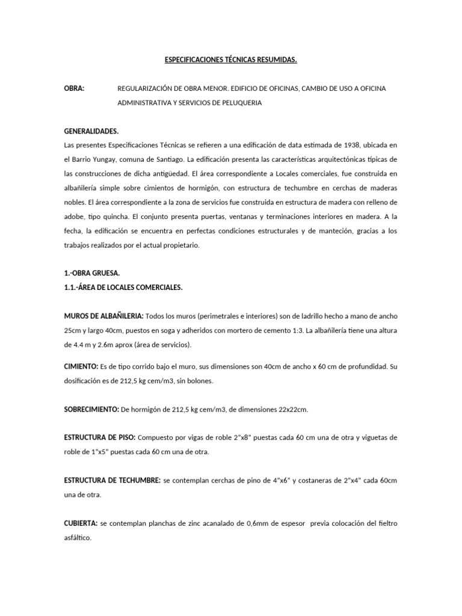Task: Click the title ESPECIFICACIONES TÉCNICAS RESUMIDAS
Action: pyautogui.click(x=231, y=60)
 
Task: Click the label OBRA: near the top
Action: pyautogui.click(x=74, y=88)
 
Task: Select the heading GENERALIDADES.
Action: pyautogui.click(x=91, y=131)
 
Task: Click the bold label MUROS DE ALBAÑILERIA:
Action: pyautogui.click(x=103, y=316)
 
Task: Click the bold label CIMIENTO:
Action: pyautogui.click(x=81, y=366)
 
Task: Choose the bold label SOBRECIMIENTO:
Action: pyautogui.click(x=91, y=409)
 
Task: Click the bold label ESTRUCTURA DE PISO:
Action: pyautogui.click(x=99, y=437)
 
